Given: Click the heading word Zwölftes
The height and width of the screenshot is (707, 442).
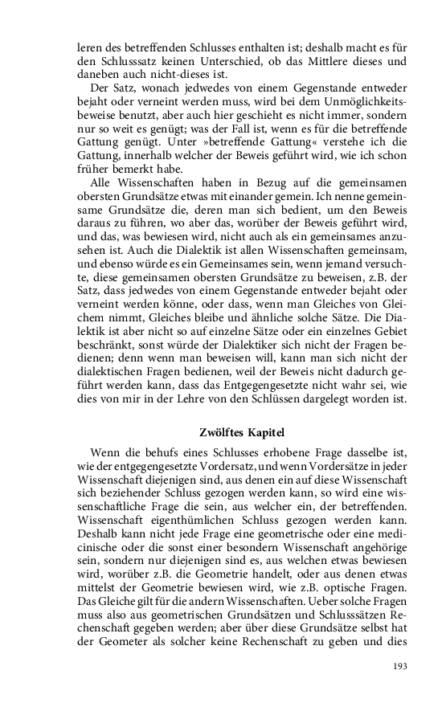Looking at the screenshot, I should (223, 431).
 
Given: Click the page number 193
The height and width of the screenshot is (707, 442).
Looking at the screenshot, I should (399, 666).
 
